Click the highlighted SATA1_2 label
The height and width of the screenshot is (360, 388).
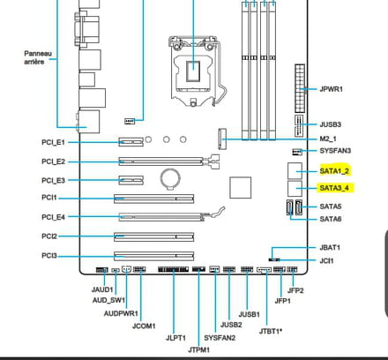334,171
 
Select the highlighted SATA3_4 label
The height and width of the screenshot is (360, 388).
334,188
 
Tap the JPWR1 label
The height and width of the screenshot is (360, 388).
331,89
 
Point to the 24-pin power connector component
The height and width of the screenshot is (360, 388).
300,88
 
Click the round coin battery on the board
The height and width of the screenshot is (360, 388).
170,178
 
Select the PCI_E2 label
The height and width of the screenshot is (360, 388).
53,161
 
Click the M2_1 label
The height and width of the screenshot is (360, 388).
328,139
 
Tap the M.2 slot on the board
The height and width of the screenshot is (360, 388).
222,139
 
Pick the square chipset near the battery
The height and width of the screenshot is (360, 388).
241,188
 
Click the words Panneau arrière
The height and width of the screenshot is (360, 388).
38,57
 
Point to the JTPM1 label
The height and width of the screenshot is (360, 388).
199,350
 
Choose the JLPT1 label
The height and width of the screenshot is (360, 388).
175,338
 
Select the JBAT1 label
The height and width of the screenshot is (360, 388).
330,248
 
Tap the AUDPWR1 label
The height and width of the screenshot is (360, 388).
121,313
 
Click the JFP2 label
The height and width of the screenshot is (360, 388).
295,290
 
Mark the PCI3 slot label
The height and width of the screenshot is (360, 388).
49,256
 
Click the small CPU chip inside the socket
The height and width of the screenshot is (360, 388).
193,71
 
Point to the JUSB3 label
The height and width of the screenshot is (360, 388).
331,124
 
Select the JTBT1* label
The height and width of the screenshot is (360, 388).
271,331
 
